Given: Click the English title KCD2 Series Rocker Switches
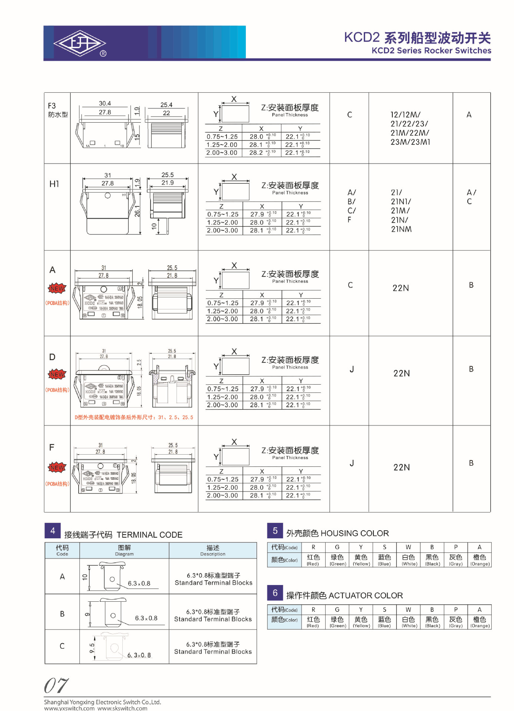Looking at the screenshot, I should (x=431, y=51).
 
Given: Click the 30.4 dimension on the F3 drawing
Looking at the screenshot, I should (x=105, y=103).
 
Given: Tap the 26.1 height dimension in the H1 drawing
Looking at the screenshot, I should (x=137, y=211).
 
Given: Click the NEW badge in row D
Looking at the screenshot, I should (x=57, y=374).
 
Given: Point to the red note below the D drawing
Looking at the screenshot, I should (x=134, y=417).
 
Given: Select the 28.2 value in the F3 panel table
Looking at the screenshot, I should (x=256, y=153).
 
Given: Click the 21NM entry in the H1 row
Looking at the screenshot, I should (x=401, y=229).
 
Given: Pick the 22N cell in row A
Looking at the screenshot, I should (x=401, y=288).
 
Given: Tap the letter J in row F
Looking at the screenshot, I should (x=352, y=463).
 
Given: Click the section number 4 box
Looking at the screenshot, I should (x=53, y=531).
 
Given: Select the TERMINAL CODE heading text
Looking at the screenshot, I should (x=149, y=535).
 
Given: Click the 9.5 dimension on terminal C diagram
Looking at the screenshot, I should (x=92, y=648).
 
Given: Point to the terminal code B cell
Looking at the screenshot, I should (x=62, y=614).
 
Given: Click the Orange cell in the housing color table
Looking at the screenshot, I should (x=480, y=559).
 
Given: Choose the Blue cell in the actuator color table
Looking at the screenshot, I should (x=384, y=622).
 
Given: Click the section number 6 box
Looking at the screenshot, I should (x=275, y=593).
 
